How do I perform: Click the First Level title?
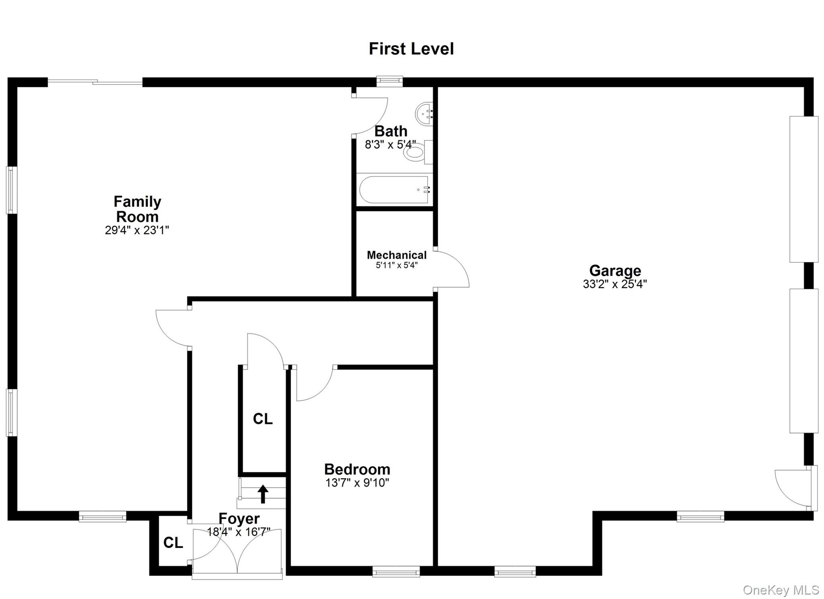pyautogui.click(x=411, y=49)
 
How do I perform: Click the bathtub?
pyautogui.click(x=394, y=189)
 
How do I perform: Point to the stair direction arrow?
pyautogui.click(x=263, y=494)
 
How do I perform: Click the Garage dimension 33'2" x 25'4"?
pyautogui.click(x=614, y=284)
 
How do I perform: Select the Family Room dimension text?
pyautogui.click(x=137, y=230)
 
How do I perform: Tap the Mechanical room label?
pyautogui.click(x=396, y=255)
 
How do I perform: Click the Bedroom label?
pyautogui.click(x=357, y=469)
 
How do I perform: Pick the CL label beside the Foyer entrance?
pyautogui.click(x=173, y=543)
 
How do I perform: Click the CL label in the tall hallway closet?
pyautogui.click(x=263, y=419)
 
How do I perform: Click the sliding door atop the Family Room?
pyautogui.click(x=95, y=82)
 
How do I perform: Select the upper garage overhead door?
pyautogui.click(x=803, y=189)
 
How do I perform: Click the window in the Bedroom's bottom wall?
pyautogui.click(x=396, y=571)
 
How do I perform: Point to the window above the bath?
pyautogui.click(x=389, y=82)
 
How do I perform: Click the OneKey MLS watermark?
pyautogui.click(x=781, y=590)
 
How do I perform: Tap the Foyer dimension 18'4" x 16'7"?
pyautogui.click(x=239, y=532)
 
